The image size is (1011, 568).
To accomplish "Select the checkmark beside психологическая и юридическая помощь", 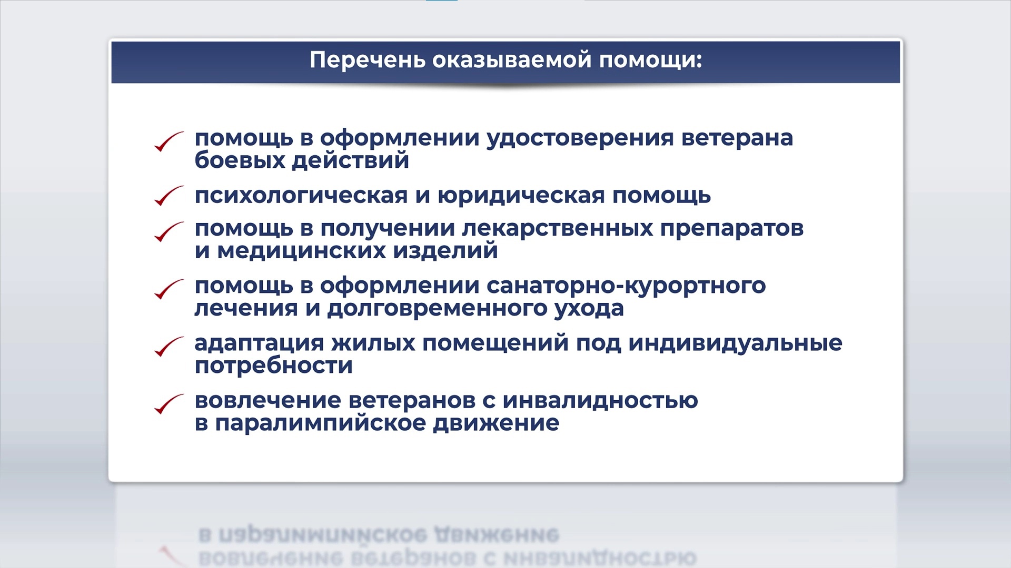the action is pos(168,196).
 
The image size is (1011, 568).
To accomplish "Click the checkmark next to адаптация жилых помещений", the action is pos(168,347).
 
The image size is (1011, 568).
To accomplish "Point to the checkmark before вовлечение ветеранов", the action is pos(168,404).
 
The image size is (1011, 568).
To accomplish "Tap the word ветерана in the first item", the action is pos(737,138).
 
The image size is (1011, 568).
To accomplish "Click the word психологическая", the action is pos(301,196).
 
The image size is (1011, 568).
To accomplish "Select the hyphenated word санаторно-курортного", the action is pos(626,286).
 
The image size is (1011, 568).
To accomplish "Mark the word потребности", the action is pos(274,366).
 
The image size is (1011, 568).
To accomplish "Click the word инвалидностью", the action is pos(600,401).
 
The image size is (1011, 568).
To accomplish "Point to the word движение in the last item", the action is pos(496,423).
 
